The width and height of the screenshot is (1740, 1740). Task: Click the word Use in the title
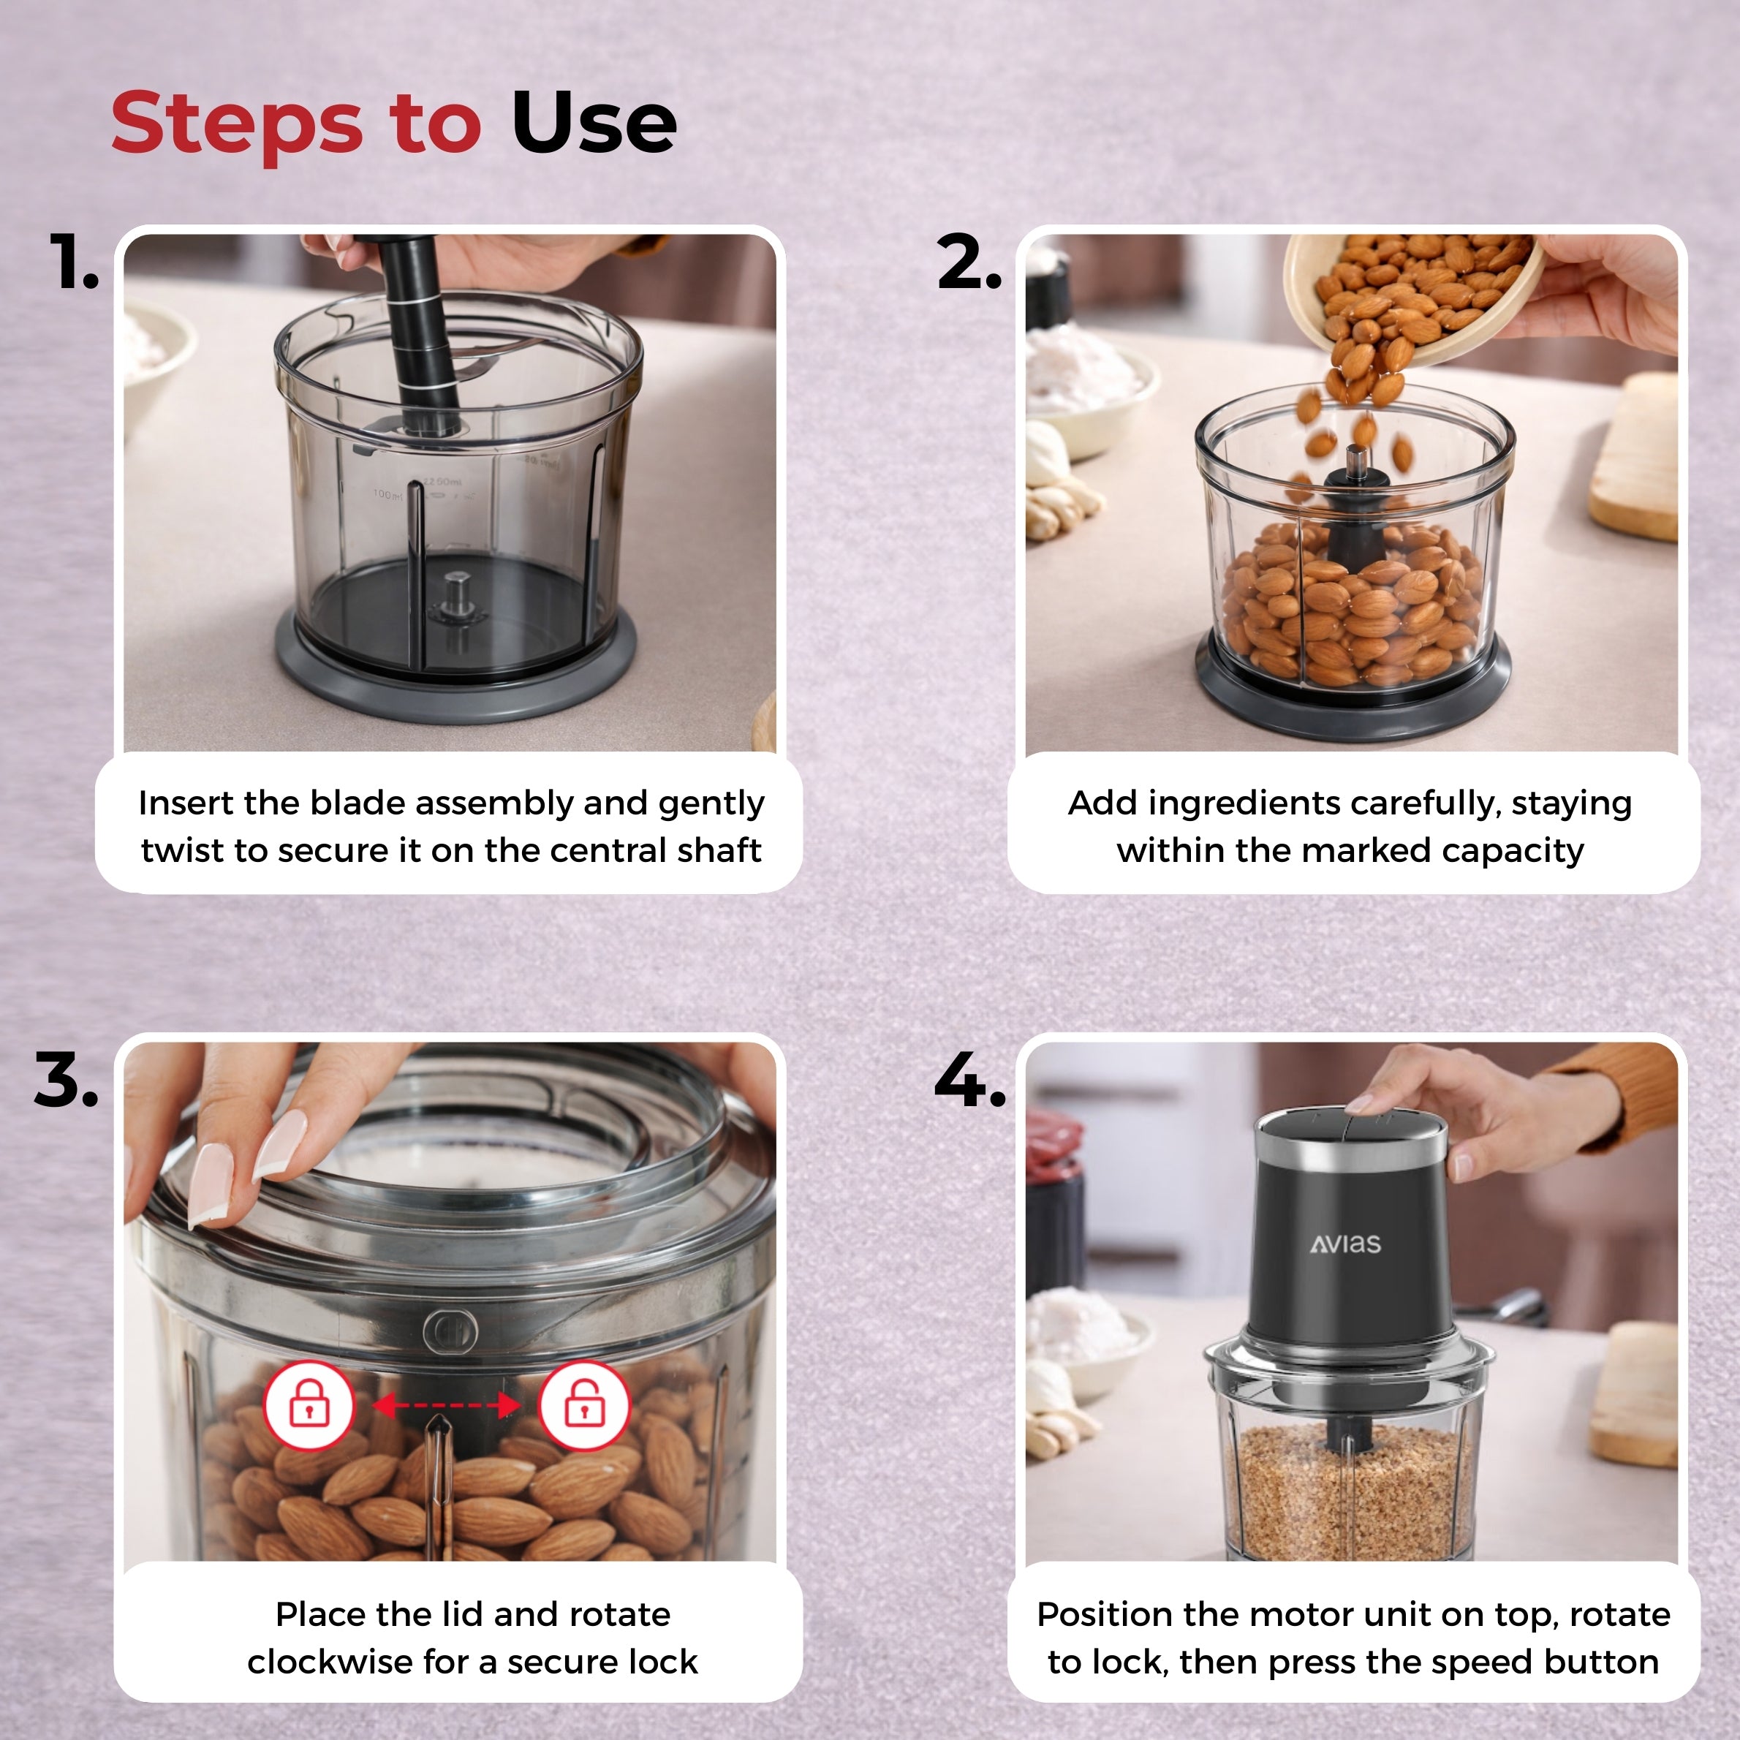594,123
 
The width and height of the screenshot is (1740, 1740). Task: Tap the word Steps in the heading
237,126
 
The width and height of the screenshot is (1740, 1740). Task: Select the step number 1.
73,261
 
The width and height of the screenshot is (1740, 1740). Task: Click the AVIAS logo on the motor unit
1345,1244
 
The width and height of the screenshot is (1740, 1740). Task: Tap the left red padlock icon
309,1405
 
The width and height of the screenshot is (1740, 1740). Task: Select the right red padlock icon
584,1405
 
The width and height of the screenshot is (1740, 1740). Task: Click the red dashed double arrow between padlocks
447,1405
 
